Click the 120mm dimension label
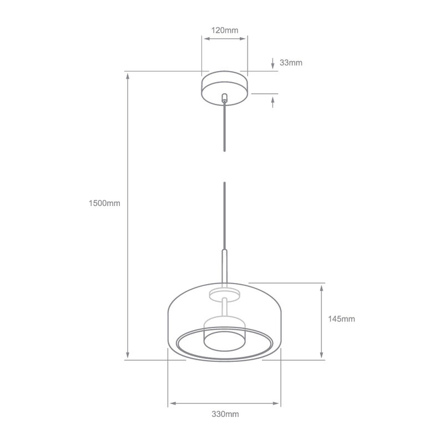pyautogui.click(x=224, y=30)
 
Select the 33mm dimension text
pyautogui.click(x=291, y=63)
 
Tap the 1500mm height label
pyautogui.click(x=104, y=203)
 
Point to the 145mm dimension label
pyautogui.click(x=341, y=319)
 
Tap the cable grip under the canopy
pyautogui.click(x=224, y=98)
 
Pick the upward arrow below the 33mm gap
pyautogui.click(x=273, y=102)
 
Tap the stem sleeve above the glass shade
pyautogui.click(x=224, y=266)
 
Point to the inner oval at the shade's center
pyautogui.click(x=224, y=340)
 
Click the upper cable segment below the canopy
pyautogui.click(x=224, y=128)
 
